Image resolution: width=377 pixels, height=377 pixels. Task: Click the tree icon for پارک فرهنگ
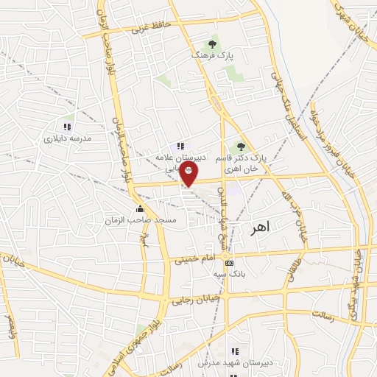214,44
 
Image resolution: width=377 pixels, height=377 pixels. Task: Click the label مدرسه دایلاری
67,138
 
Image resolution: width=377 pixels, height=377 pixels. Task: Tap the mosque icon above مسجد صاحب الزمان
139,209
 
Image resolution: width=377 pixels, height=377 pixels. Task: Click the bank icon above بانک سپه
230,263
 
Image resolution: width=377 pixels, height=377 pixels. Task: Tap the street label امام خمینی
194,258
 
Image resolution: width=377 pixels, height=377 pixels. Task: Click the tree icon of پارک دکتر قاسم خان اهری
241,146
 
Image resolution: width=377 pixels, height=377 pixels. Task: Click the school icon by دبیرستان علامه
182,146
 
